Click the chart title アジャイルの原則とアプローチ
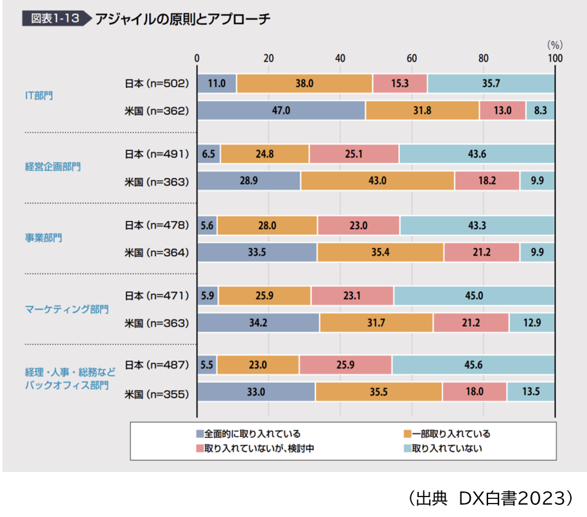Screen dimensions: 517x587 182,19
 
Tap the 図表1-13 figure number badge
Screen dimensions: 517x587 54,19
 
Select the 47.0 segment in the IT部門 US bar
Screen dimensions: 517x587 281,110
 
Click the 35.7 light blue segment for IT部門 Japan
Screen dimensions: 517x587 491,83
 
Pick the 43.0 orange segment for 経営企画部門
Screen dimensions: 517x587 377,181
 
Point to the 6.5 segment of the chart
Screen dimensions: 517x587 208,154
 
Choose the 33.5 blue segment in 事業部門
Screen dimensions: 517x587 257,252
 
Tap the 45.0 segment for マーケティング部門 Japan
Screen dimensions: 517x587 474,295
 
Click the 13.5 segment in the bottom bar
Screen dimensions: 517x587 530,391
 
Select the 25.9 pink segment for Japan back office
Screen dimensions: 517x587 346,365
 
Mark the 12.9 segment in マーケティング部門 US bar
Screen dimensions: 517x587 532,322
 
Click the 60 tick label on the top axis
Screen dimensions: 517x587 412,58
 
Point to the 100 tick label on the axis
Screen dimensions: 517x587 554,58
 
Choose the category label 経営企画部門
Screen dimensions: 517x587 53,167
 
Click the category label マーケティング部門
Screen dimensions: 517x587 67,309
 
